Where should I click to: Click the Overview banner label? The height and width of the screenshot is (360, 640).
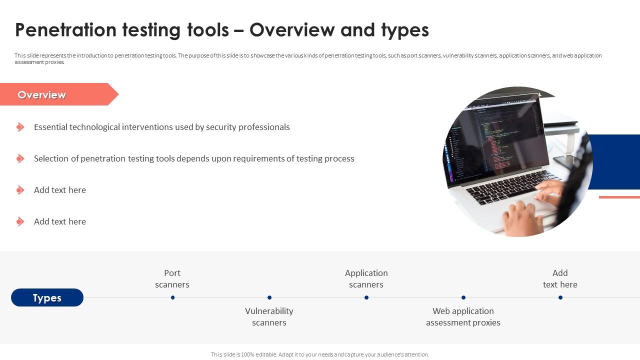[41, 95]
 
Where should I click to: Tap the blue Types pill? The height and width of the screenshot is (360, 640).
[47, 297]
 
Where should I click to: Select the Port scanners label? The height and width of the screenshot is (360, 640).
[172, 278]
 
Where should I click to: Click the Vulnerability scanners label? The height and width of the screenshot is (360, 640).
[269, 316]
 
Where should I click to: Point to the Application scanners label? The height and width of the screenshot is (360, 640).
[366, 278]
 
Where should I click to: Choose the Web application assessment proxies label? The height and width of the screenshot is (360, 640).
[463, 316]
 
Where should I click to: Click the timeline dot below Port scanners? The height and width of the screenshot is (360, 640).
[172, 297]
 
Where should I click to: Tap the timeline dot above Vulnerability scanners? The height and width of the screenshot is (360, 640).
[269, 297]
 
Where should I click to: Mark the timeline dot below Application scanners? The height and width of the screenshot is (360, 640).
[366, 297]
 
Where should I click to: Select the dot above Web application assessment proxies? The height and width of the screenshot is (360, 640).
[463, 297]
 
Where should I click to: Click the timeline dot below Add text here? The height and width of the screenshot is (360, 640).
[560, 297]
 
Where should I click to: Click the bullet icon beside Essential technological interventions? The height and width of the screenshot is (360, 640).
[20, 127]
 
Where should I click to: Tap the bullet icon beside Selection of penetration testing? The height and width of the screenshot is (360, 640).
[20, 158]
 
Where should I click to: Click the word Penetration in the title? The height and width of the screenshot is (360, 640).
[65, 30]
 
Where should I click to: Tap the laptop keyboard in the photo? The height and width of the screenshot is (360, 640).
[508, 185]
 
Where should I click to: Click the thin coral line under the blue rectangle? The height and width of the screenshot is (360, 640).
[619, 197]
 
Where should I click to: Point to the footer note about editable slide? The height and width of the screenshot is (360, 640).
[320, 354]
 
